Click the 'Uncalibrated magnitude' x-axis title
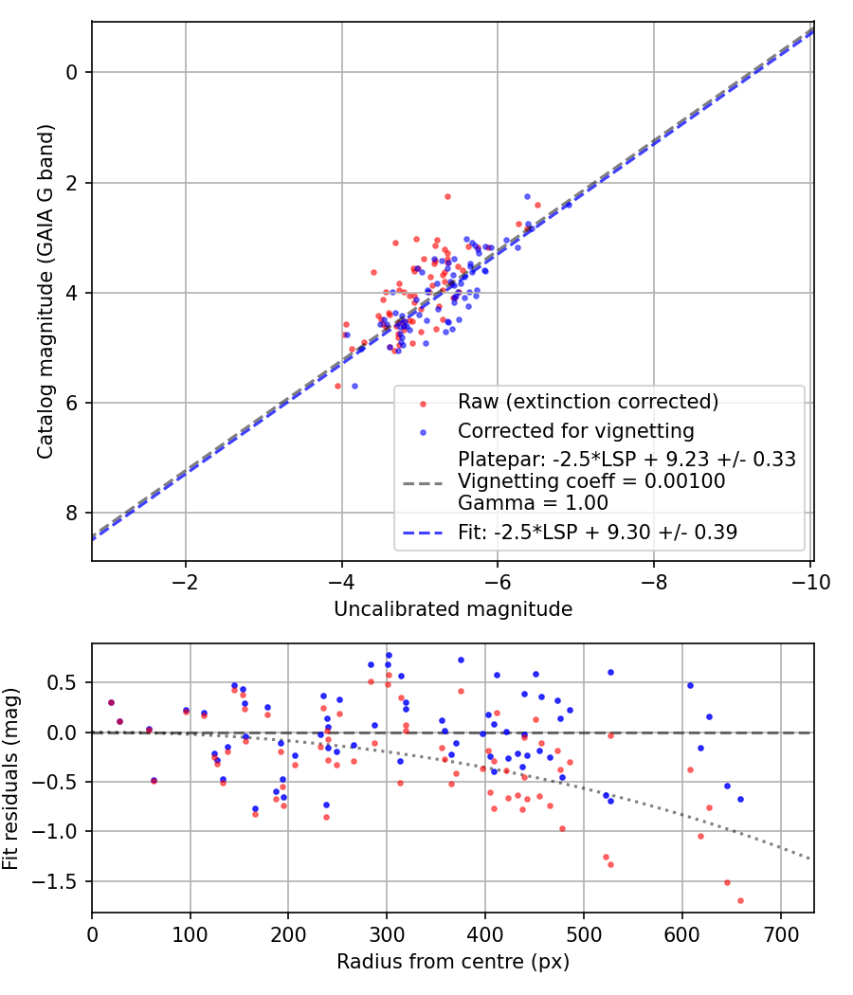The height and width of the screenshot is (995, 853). (453, 609)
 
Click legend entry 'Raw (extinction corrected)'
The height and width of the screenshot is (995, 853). (588, 402)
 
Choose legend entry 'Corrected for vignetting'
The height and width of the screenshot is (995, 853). (575, 432)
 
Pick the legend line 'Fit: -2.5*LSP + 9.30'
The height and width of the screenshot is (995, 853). (597, 533)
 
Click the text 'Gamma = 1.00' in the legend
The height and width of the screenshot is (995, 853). (532, 502)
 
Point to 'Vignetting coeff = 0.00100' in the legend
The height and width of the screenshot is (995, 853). (591, 481)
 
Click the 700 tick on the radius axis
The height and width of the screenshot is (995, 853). (780, 933)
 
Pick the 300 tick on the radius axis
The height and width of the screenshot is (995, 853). (387, 933)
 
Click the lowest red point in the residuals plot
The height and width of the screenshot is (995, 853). (740, 900)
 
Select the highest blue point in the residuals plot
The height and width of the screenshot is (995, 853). (389, 655)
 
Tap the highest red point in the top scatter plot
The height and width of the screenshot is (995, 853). (447, 196)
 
